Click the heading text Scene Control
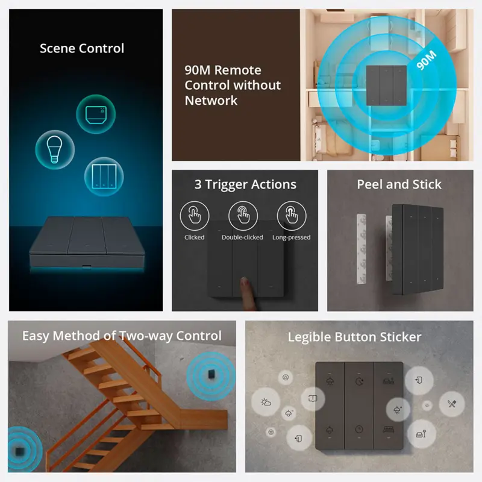[82, 48]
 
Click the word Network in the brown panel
[211, 101]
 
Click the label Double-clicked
[242, 237]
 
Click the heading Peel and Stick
[399, 184]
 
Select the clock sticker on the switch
[359, 430]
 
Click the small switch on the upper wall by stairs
[210, 374]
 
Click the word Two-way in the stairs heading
[149, 336]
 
